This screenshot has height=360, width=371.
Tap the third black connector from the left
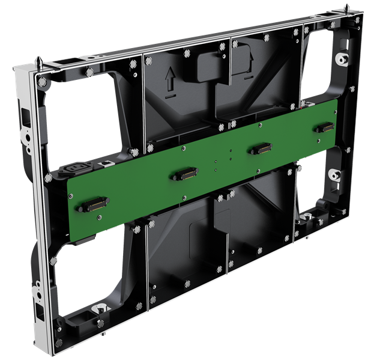point(260,148)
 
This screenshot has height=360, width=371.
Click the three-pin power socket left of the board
point(79,169)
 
